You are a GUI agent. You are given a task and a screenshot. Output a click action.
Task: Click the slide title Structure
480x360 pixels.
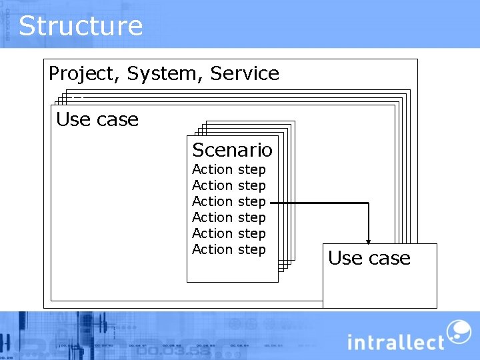click(81, 26)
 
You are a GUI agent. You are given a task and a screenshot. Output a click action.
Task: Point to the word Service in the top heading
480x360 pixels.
click(245, 73)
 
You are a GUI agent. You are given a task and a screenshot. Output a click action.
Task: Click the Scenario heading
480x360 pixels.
click(232, 150)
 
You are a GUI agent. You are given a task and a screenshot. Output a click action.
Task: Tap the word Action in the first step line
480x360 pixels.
click(212, 170)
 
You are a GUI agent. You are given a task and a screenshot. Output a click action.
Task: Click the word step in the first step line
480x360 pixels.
click(251, 170)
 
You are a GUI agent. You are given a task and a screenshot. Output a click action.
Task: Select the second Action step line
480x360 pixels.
click(229, 186)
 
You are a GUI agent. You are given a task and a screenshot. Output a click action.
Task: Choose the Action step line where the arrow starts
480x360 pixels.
click(229, 201)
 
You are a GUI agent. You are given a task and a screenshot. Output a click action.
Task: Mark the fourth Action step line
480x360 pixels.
click(229, 217)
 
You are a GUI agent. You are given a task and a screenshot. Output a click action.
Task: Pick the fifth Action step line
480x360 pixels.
click(229, 233)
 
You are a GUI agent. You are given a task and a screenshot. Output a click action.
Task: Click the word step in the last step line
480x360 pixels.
click(251, 249)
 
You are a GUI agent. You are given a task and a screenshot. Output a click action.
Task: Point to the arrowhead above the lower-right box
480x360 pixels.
click(368, 241)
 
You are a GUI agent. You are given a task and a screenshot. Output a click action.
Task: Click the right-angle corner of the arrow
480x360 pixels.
click(368, 203)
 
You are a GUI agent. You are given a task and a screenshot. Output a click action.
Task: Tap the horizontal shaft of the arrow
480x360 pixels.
click(320, 203)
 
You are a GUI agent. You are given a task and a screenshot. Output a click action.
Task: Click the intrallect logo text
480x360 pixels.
click(395, 343)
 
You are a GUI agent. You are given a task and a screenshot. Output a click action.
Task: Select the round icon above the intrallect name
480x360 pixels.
click(458, 331)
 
